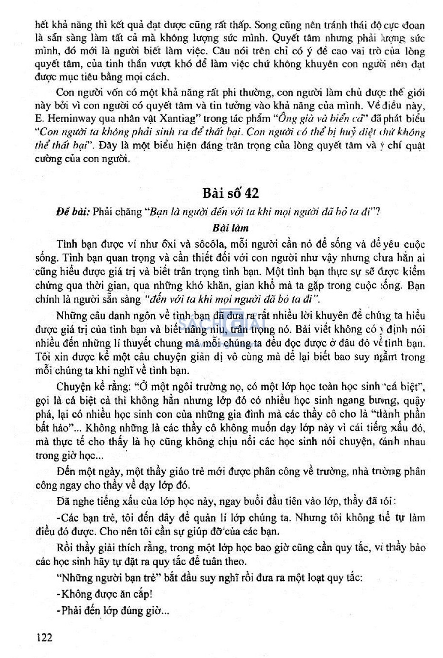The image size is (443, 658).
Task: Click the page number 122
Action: click(45, 636)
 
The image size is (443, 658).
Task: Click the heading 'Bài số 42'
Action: click(231, 193)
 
